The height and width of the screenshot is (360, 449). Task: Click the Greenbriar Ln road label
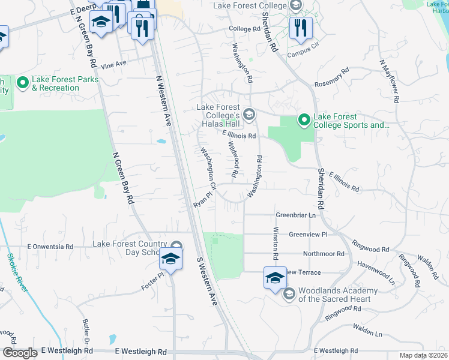pyautogui.click(x=295, y=215)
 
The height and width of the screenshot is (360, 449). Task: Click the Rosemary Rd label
pyautogui.click(x=332, y=78)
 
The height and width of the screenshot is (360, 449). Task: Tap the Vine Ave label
pyautogui.click(x=113, y=64)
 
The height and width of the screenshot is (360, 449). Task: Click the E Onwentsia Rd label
pyautogui.click(x=50, y=247)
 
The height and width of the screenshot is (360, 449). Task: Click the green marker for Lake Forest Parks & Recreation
pyautogui.click(x=23, y=82)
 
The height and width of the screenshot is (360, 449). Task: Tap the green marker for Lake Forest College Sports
pyautogui.click(x=304, y=121)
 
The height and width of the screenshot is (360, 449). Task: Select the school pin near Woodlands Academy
pyautogui.click(x=275, y=278)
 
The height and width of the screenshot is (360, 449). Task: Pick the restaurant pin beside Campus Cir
pyautogui.click(x=298, y=28)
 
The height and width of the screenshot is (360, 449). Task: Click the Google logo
pyautogui.click(x=20, y=352)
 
